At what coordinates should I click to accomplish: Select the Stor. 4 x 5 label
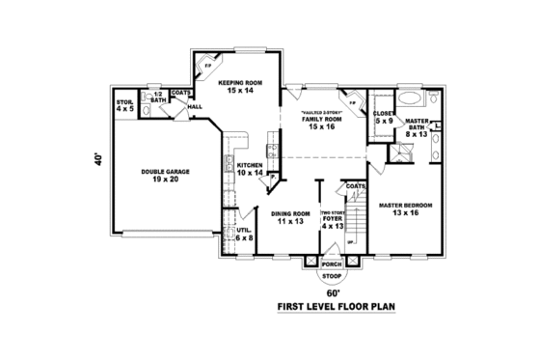(124, 104)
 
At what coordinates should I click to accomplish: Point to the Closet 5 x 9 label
(382, 118)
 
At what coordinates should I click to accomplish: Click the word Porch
(332, 263)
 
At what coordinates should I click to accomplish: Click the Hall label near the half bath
(194, 106)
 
